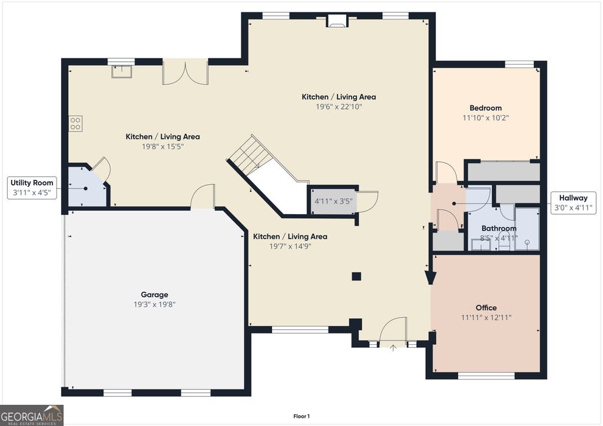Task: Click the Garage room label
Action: click(x=154, y=295)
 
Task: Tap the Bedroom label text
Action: click(x=485, y=108)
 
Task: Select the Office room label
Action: click(x=486, y=308)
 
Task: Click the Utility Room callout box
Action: click(x=32, y=188)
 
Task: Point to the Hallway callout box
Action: click(x=573, y=203)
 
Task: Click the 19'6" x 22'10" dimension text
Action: click(x=339, y=106)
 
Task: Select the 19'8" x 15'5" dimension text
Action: click(x=163, y=147)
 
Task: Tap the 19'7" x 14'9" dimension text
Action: click(x=290, y=246)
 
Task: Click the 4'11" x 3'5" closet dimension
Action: click(x=333, y=201)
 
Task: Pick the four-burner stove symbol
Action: click(x=75, y=124)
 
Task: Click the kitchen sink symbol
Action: click(x=121, y=71)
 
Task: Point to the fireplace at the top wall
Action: click(x=337, y=21)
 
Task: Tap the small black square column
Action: click(x=356, y=276)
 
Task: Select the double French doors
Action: click(x=185, y=72)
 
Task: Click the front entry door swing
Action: click(x=393, y=330)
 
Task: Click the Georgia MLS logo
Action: click(x=32, y=415)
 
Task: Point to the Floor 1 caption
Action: click(x=301, y=417)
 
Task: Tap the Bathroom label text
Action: click(x=499, y=228)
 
